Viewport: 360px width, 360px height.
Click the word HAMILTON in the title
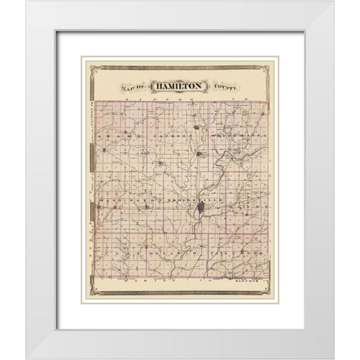[178, 88]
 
